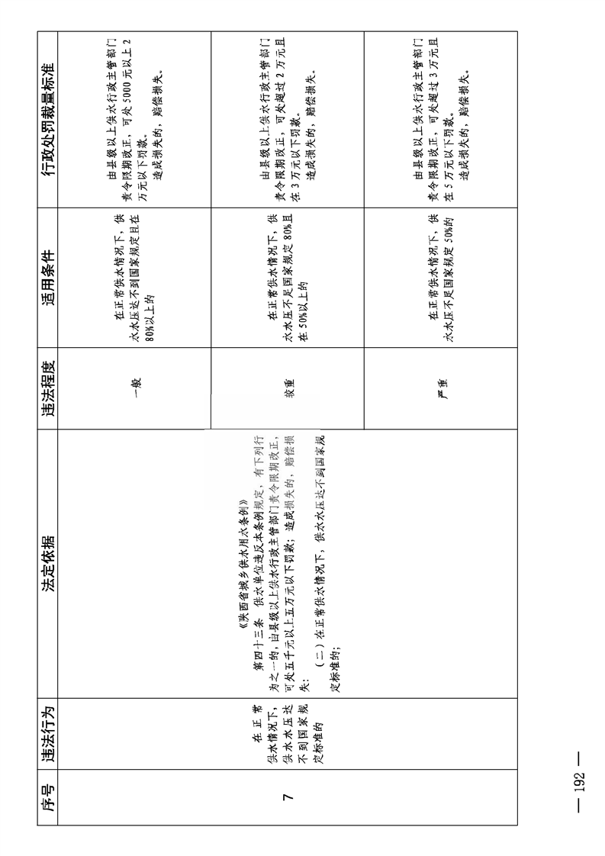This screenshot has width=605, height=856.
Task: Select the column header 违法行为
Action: pyautogui.click(x=48, y=732)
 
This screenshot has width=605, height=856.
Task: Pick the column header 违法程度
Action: pyautogui.click(x=48, y=389)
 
